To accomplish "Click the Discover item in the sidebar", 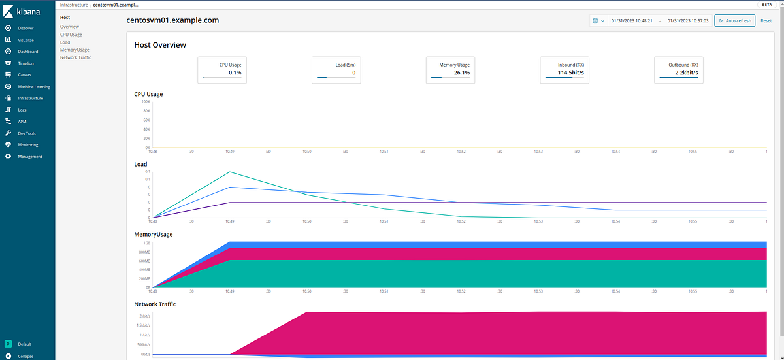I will coord(26,28).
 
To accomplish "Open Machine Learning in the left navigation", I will coord(34,87).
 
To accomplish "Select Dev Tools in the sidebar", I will coord(27,133).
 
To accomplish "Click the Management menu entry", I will coord(29,157).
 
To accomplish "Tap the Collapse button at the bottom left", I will coord(25,356).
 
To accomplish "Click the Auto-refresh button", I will coord(735,20).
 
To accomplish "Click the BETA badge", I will coord(768,5).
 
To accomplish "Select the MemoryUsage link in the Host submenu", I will coord(74,50).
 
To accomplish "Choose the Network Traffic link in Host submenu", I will coord(76,57).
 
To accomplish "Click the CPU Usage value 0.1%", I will coord(235,73).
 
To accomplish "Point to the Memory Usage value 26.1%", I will coord(462,73).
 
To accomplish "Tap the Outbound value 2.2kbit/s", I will coord(686,73).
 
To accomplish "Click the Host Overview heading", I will coord(160,45).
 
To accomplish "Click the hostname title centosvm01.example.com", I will coord(172,20).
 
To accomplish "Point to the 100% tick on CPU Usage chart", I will coord(146,101).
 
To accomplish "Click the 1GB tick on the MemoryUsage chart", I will coord(146,242).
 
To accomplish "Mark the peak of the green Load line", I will coord(229,172).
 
